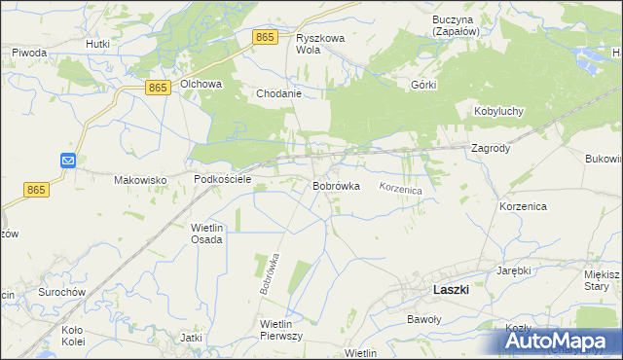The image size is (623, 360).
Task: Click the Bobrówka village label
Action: [x=337, y=185]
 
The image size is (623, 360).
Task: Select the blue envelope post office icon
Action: [x=68, y=161]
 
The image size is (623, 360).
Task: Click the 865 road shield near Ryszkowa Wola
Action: [x=265, y=36]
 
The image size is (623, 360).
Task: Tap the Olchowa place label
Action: [x=200, y=85]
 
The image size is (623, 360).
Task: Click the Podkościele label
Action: [x=223, y=180]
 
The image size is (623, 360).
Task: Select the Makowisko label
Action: [x=141, y=180]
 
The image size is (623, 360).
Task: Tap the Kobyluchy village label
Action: [x=498, y=111]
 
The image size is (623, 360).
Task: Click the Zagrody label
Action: [x=491, y=149]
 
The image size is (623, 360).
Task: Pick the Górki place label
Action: [x=423, y=85]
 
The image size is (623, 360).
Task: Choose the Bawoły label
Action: [x=423, y=318]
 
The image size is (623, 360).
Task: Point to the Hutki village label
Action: [x=97, y=44]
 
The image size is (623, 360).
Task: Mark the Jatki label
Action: [x=191, y=338]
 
